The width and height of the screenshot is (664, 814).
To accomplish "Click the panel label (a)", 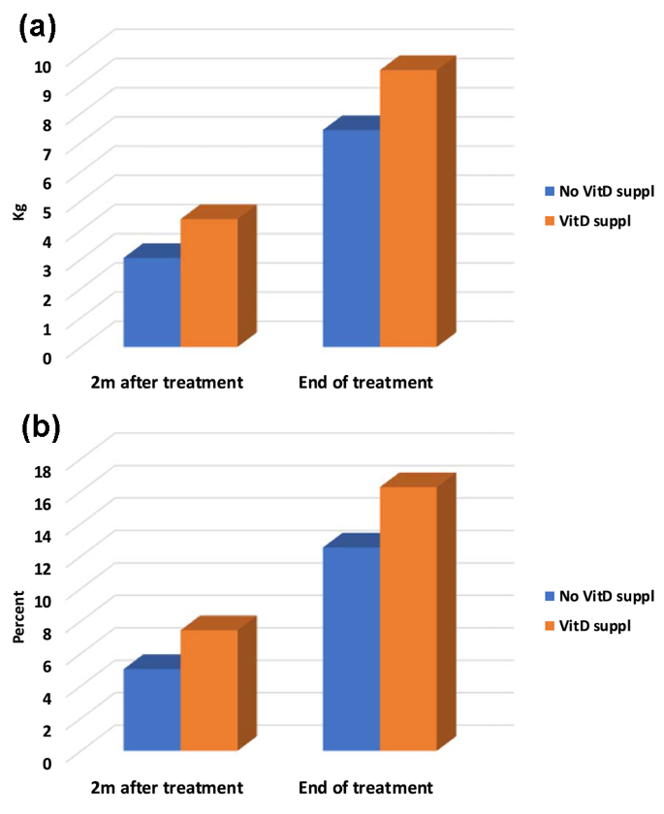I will [x=38, y=26].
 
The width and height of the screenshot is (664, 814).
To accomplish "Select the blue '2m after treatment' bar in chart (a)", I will [x=152, y=301].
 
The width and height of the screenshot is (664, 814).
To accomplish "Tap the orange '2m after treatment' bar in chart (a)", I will [x=209, y=282].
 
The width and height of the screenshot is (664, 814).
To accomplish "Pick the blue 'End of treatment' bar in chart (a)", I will [x=351, y=237].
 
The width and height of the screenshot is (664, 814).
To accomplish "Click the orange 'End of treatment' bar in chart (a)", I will [x=408, y=207].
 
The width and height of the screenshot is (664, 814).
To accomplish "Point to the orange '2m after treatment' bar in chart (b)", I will [x=209, y=689].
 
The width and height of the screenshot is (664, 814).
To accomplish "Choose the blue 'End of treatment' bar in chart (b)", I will [x=351, y=648].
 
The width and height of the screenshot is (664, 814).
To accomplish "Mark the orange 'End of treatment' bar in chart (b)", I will [x=408, y=617].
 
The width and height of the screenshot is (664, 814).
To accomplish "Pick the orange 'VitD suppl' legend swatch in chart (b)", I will [x=550, y=626].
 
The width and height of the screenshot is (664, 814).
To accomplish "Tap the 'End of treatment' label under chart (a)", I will [x=365, y=383].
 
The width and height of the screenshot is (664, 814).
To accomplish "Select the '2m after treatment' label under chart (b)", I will [x=166, y=787].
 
